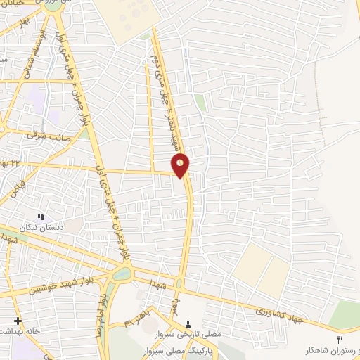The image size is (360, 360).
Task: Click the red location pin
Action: coord(181,165)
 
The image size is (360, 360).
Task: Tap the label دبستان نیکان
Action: coord(40,227)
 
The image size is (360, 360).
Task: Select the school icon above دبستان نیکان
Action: coord(40,216)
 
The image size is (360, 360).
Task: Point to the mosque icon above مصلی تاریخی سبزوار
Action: coord(188,323)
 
